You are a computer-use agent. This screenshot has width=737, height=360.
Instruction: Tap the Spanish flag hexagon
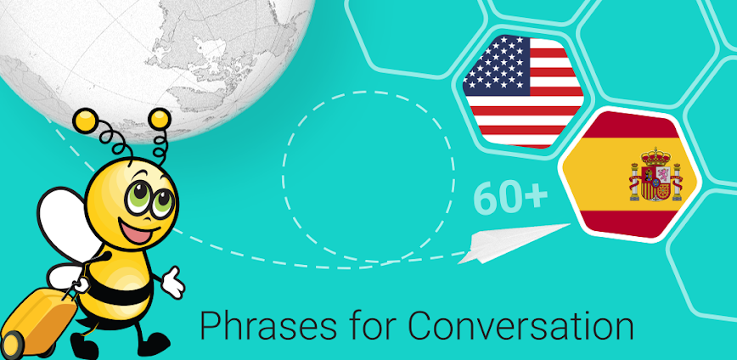tap(628, 174)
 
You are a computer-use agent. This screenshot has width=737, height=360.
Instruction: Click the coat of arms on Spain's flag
tap(655, 176)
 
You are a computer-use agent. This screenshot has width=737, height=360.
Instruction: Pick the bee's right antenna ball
tap(157, 118)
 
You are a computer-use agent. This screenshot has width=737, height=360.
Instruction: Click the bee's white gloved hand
tap(172, 281)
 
